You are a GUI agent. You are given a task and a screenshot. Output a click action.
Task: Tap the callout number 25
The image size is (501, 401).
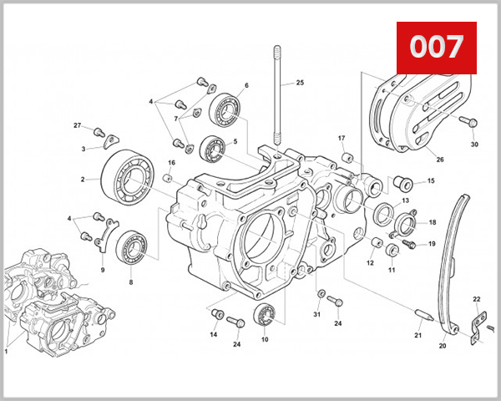[300, 83]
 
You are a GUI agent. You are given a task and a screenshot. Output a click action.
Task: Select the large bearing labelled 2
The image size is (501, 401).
[125, 176]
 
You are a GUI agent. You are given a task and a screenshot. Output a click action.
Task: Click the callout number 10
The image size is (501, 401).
[265, 340]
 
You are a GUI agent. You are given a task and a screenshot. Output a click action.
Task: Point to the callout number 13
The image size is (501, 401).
[404, 201]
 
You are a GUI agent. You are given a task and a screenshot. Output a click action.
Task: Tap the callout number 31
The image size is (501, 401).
[317, 314]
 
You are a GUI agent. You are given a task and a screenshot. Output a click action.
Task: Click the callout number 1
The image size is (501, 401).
[6, 352]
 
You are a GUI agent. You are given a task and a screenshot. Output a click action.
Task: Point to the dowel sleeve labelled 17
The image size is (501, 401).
[348, 158]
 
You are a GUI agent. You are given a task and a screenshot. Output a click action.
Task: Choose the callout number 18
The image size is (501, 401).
[432, 223]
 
